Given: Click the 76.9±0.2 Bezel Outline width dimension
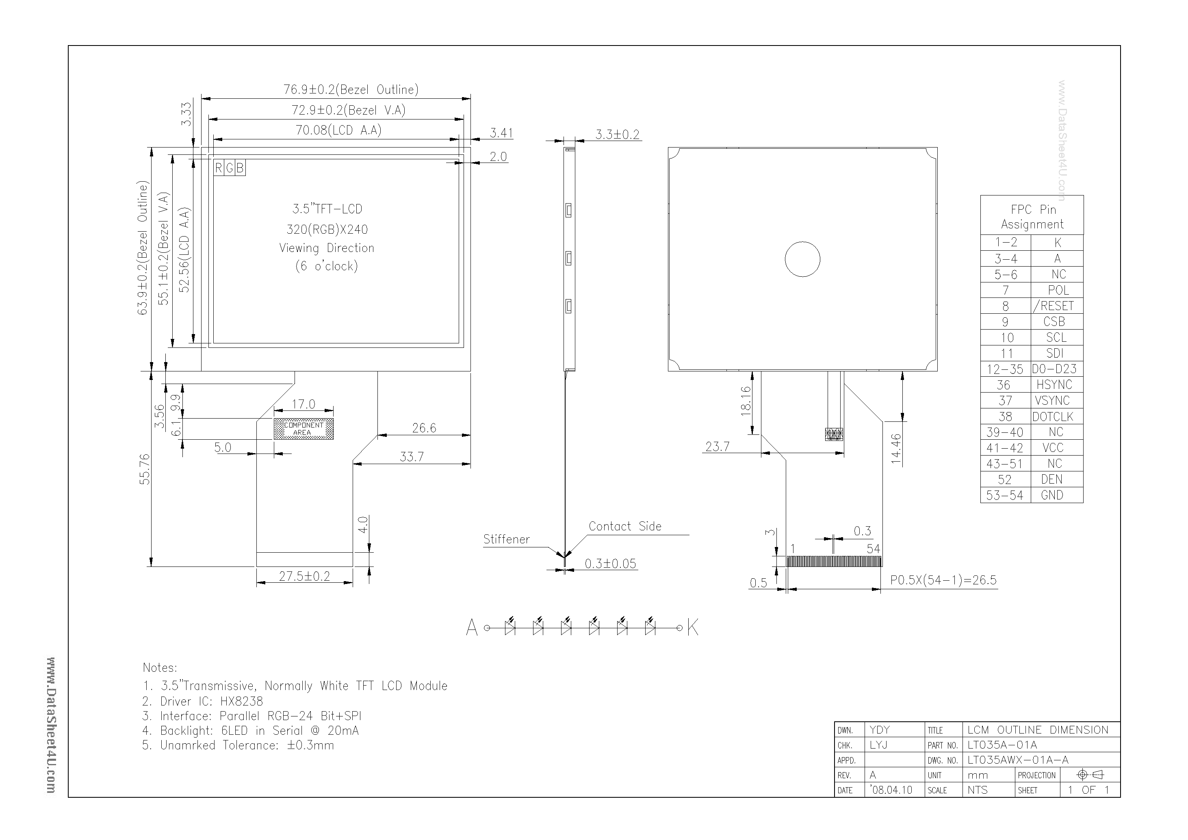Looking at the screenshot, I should coord(350,89).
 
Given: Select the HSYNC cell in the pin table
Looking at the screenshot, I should coord(1054,384).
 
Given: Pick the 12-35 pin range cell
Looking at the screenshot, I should coord(1005,369).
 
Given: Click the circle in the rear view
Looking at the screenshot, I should coord(802,259).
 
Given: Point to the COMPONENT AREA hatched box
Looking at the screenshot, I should coord(303,429).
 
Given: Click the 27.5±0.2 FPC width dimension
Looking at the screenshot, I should coord(304,576).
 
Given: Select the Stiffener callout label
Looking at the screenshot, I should coord(506,539).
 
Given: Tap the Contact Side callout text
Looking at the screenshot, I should coord(624,526).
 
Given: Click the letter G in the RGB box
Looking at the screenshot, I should coord(230,168).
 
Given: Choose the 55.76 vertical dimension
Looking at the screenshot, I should coord(145,469).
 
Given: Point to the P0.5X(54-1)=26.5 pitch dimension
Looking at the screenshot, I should coord(943,580).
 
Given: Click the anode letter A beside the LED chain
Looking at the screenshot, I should coord(471,628).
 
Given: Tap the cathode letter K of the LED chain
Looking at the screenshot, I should coord(692,628).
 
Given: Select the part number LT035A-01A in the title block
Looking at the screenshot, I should coord(1002,745).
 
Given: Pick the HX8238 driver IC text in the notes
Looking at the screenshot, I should coord(242,701).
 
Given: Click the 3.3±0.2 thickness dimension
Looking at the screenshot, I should coord(617,135).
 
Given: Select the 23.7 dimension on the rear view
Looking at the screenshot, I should coord(717,446).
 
